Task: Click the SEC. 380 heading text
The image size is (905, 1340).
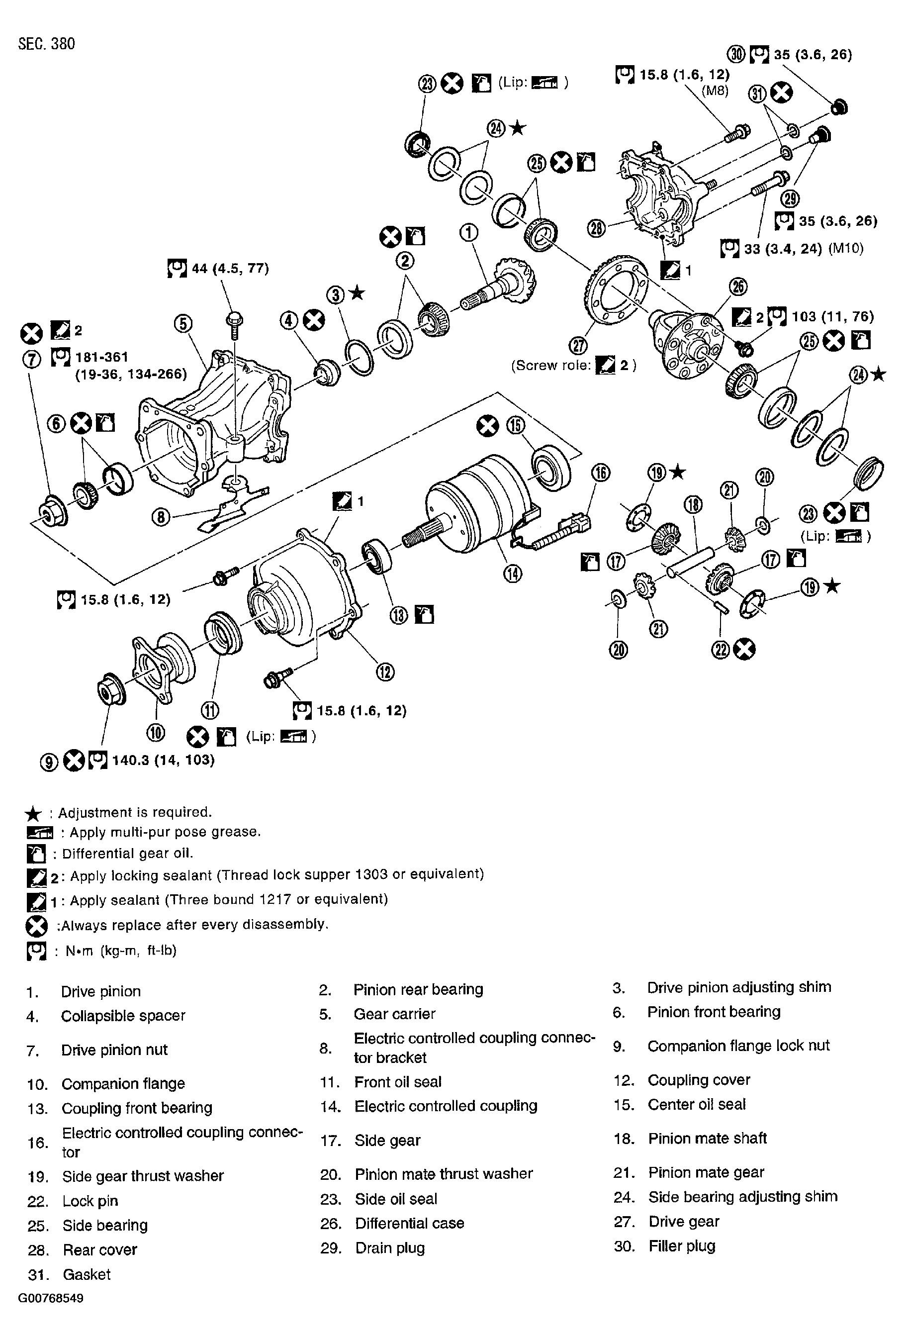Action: [47, 44]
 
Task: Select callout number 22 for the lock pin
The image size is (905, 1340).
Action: [721, 650]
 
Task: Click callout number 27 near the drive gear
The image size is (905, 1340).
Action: [578, 346]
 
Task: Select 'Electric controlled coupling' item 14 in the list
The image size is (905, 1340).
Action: [446, 1106]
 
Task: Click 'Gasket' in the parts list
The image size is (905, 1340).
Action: [87, 1274]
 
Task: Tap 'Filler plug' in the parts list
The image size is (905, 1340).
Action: [681, 1246]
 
